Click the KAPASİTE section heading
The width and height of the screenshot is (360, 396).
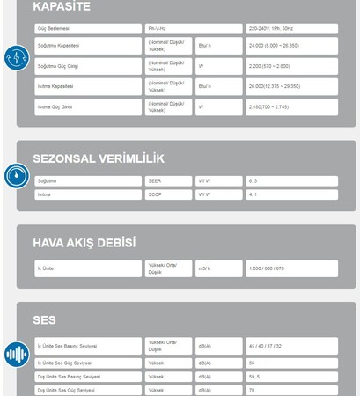pos(62,7)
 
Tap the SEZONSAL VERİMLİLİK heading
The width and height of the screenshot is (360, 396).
pos(98,158)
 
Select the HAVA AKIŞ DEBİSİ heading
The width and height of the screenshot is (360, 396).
pos(84,242)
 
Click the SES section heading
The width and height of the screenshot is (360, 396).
pos(45,319)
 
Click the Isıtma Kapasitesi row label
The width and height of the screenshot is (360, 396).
pos(55,86)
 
